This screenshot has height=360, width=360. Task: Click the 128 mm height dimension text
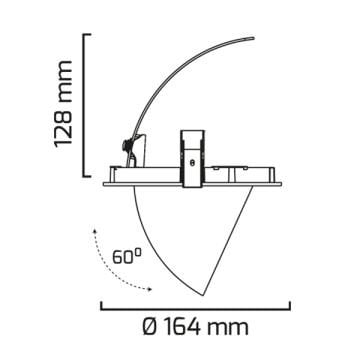(63, 103)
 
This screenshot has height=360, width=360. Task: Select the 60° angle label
(127, 256)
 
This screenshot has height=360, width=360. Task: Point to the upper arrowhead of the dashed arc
(95, 231)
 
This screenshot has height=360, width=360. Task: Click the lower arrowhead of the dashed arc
(150, 289)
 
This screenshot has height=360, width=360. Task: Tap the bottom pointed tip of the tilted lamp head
(203, 295)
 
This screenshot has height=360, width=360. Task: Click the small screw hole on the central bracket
(192, 163)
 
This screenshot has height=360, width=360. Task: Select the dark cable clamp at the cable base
(127, 145)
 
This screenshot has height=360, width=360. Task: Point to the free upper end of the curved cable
(253, 38)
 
